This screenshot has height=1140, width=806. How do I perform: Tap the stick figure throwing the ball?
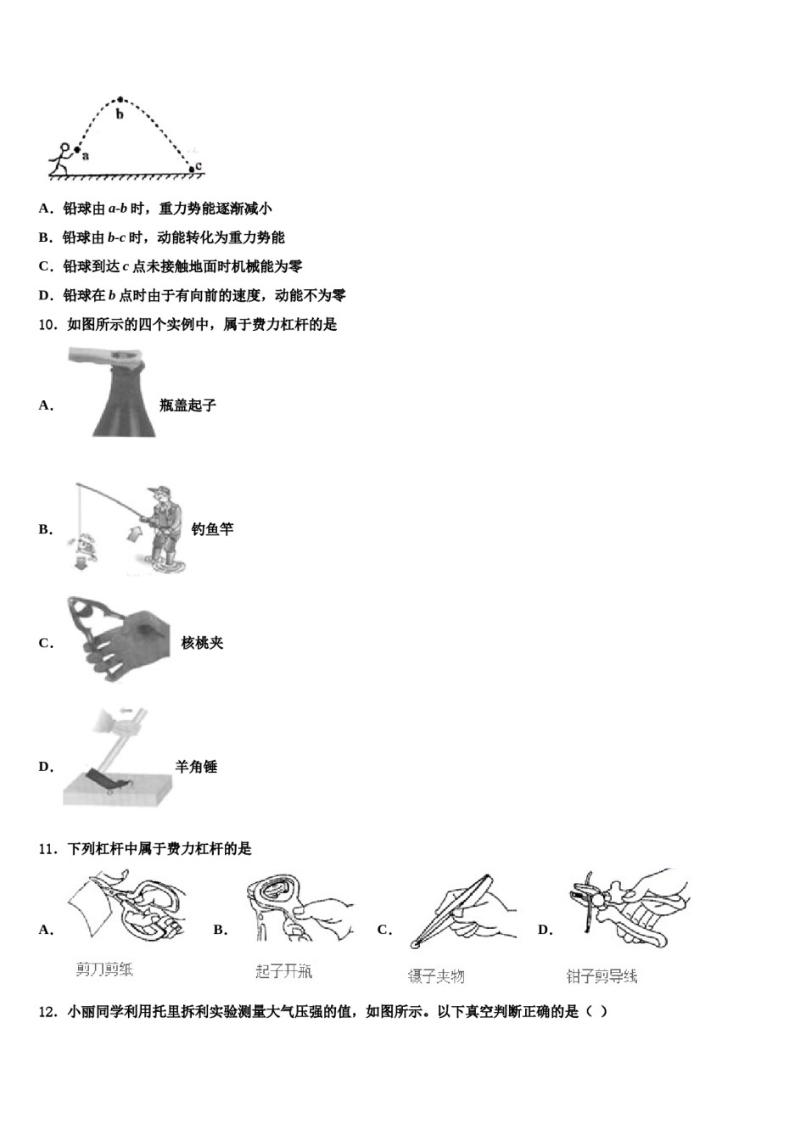(60, 159)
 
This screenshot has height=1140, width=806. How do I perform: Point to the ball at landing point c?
(192, 170)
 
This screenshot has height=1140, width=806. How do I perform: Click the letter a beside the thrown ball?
(86, 156)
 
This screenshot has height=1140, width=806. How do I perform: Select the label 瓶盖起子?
(188, 405)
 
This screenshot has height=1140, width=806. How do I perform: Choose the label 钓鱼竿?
(212, 529)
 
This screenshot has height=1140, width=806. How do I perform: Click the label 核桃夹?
(202, 643)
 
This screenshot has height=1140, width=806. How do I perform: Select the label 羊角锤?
(196, 767)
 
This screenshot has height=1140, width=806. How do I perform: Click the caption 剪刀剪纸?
(104, 970)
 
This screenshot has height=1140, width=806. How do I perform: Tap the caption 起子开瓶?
(284, 971)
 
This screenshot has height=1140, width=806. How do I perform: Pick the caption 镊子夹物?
(436, 976)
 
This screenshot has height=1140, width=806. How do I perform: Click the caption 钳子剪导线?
(602, 976)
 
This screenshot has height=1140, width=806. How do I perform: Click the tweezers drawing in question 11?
(458, 909)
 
